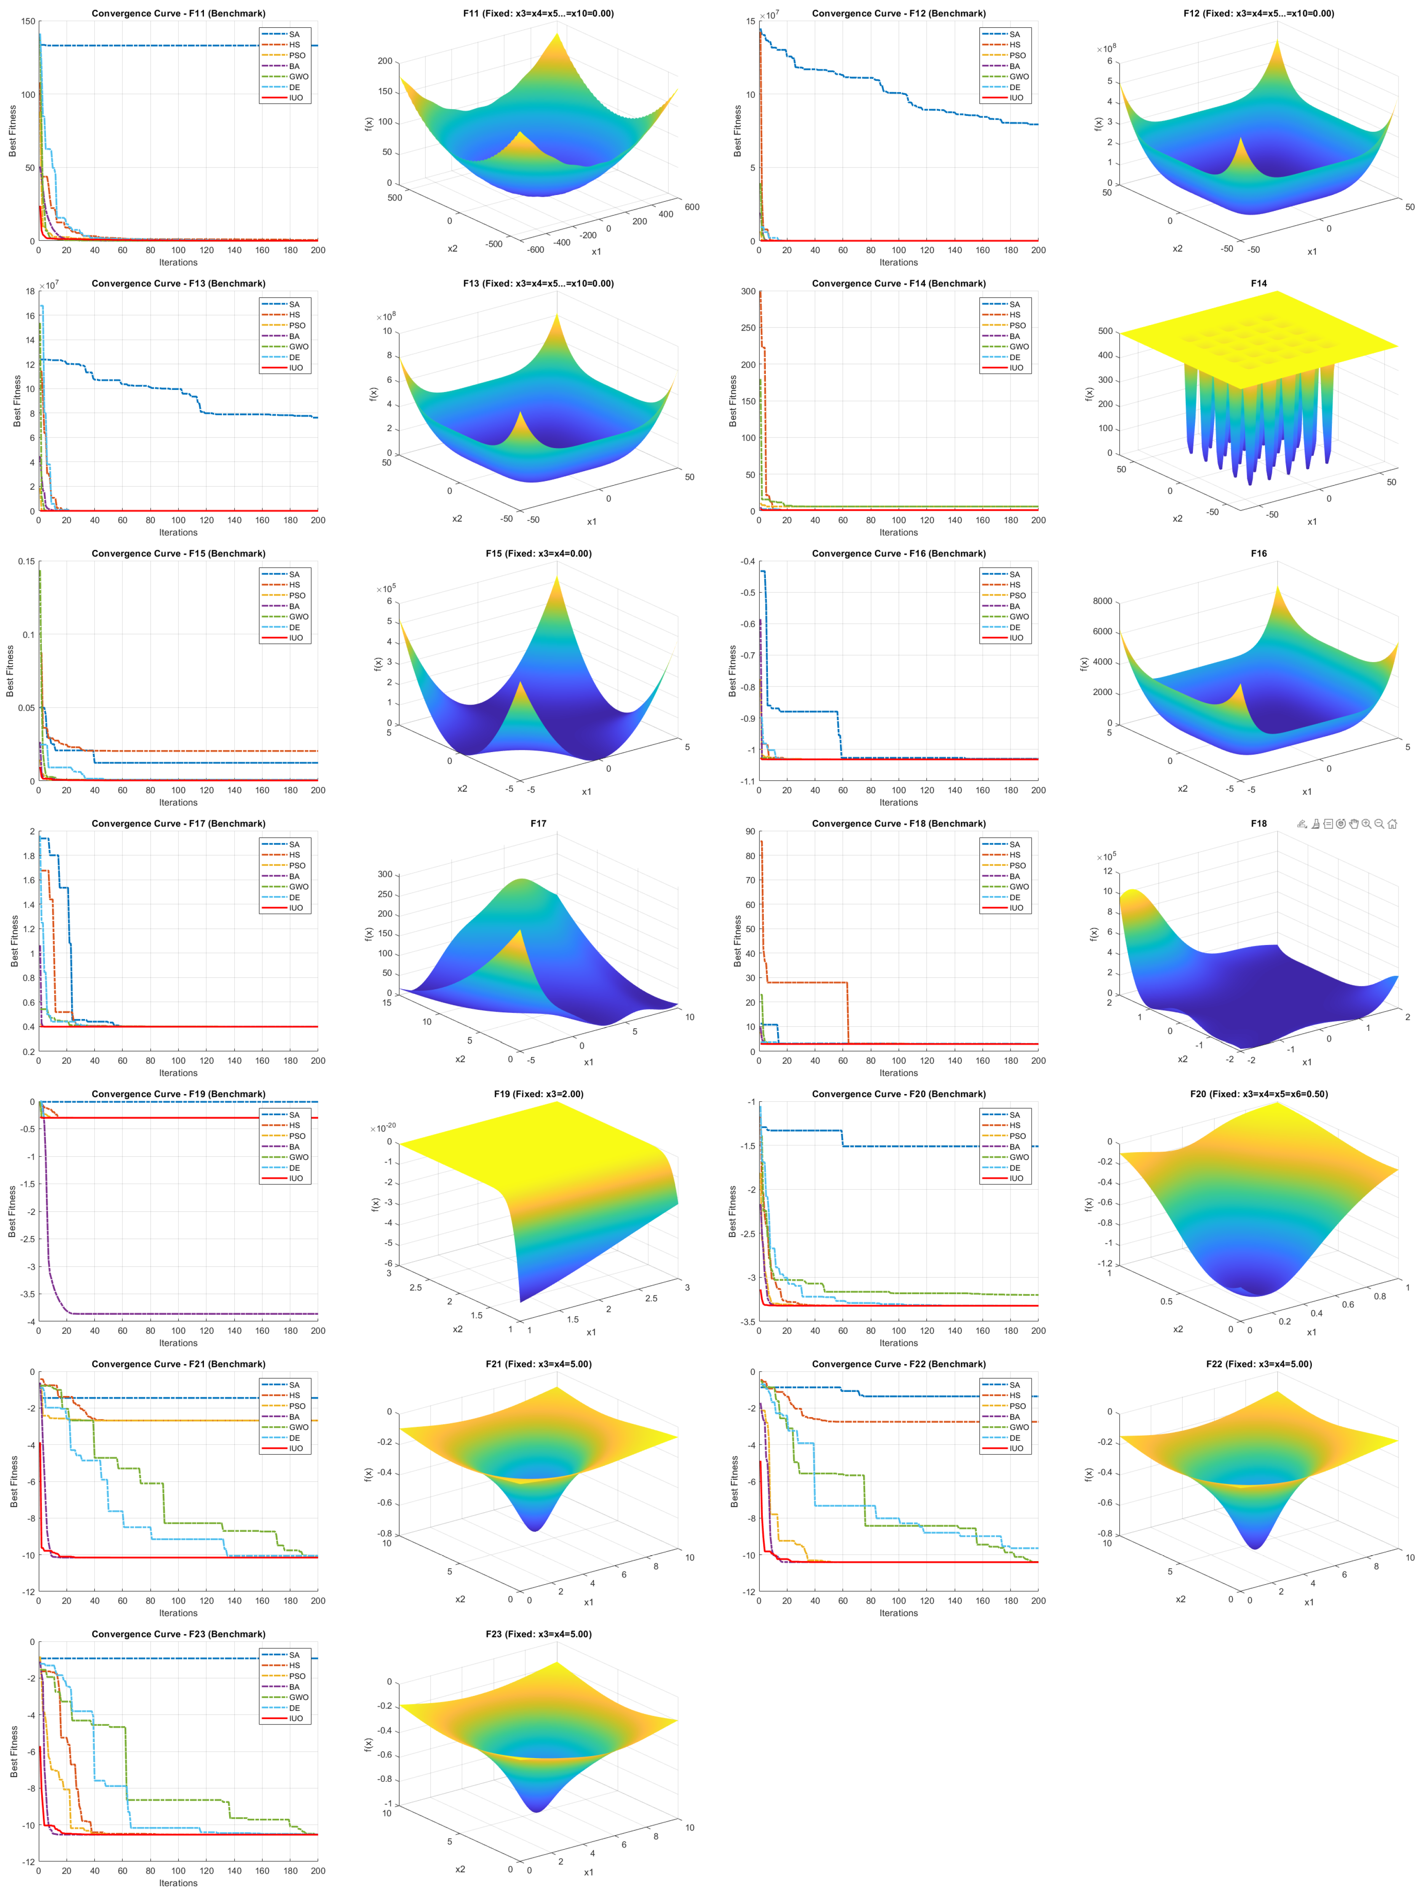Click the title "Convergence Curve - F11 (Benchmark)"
pos(179,14)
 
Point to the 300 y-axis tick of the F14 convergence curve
pos(748,292)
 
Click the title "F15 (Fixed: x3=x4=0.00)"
pos(538,553)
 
